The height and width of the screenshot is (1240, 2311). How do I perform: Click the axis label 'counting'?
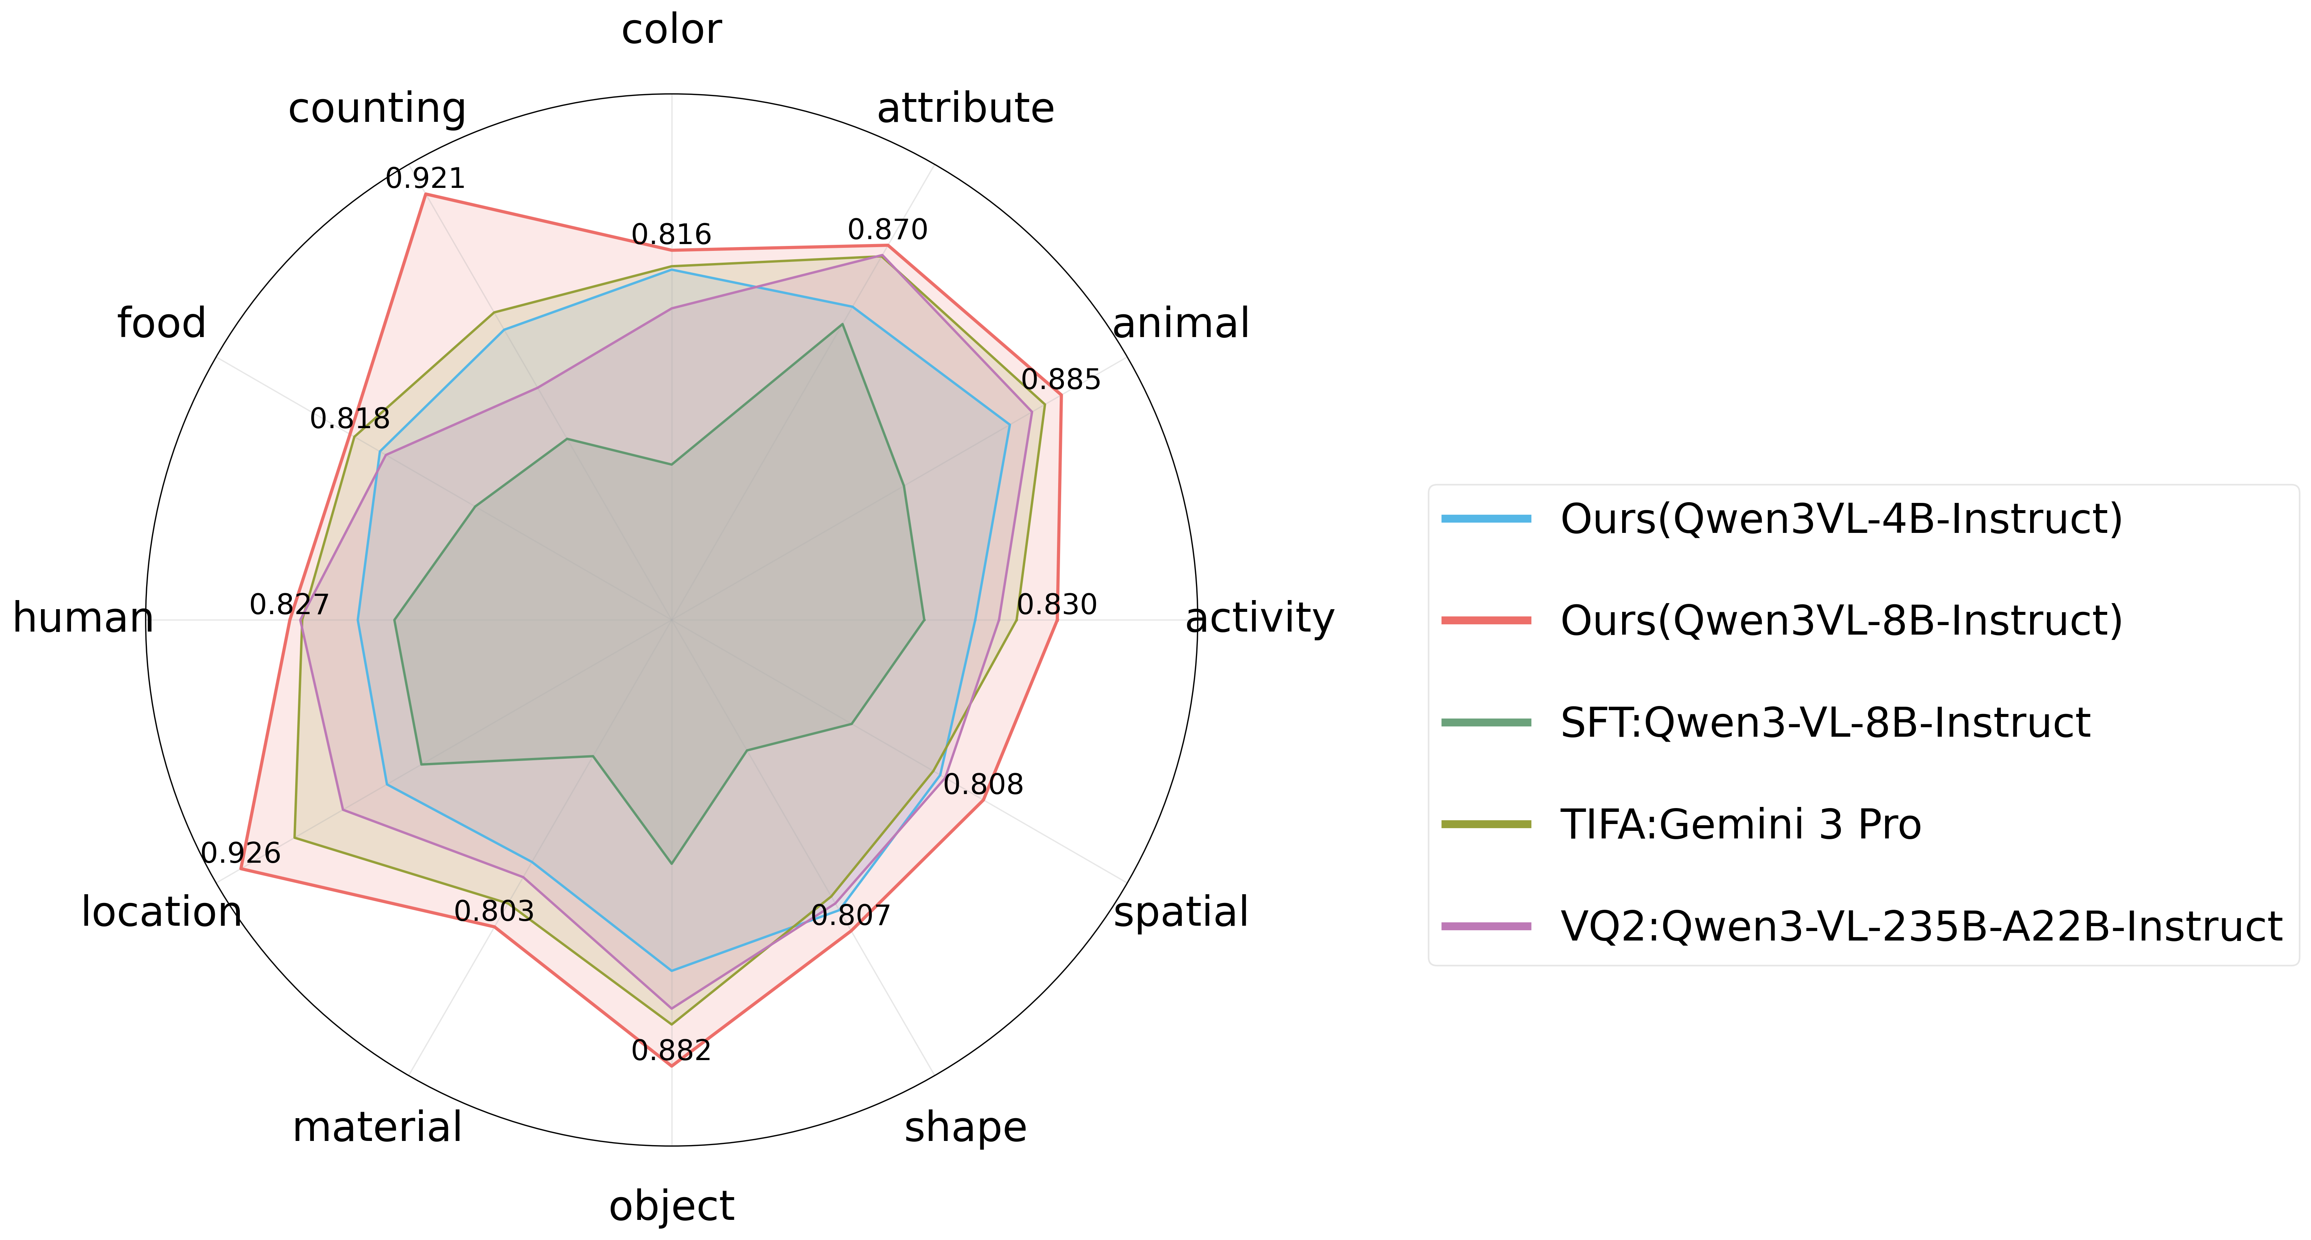(x=377, y=109)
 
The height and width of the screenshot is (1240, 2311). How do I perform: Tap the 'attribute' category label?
(x=965, y=109)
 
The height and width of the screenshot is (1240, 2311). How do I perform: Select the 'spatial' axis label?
(x=1181, y=912)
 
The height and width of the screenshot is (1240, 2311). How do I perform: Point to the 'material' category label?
(x=377, y=1127)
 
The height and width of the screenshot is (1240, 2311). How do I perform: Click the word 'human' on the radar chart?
(x=82, y=618)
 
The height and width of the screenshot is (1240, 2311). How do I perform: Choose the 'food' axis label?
(x=161, y=323)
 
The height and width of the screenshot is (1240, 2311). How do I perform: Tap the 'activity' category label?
(x=1260, y=618)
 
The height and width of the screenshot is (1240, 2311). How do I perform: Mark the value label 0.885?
(x=1061, y=380)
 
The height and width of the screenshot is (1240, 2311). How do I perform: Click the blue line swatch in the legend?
(x=1487, y=518)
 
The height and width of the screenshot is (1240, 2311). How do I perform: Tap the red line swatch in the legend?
(x=1487, y=620)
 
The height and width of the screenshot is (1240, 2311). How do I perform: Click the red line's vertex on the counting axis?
(x=424, y=195)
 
